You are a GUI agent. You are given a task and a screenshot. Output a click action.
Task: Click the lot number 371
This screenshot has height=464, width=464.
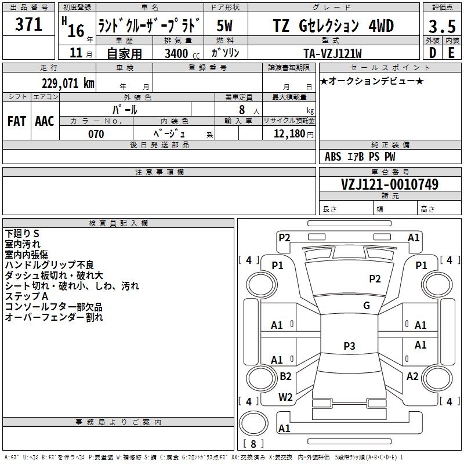(28, 25)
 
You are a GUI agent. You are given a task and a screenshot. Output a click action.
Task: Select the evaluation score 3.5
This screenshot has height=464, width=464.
(441, 27)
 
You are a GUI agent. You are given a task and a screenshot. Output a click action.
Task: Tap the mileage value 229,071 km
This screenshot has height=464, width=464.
(68, 84)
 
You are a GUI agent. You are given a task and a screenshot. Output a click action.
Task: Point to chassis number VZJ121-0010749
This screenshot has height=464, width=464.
(389, 184)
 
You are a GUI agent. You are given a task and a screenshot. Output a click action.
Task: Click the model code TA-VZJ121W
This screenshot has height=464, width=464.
(333, 53)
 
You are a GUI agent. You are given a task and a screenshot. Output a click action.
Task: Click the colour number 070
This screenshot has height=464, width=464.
(96, 134)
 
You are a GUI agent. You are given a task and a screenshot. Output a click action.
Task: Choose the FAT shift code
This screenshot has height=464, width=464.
(16, 121)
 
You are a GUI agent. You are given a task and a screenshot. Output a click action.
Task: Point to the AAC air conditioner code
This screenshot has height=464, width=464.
(45, 121)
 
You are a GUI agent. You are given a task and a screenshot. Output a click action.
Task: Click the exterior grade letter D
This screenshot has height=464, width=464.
(432, 53)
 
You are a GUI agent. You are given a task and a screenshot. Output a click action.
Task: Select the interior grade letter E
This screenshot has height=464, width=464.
(451, 53)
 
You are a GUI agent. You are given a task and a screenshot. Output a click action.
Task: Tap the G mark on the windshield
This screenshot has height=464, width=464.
(367, 306)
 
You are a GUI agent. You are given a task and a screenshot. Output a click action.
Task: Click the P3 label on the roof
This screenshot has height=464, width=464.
(349, 346)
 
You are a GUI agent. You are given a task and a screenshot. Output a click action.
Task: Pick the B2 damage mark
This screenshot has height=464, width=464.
(285, 376)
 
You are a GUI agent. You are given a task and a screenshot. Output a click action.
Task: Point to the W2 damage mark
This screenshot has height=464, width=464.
(285, 397)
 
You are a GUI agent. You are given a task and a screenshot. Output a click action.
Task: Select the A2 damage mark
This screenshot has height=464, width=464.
(412, 376)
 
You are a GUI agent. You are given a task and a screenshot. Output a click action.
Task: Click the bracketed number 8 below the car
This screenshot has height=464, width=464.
(253, 444)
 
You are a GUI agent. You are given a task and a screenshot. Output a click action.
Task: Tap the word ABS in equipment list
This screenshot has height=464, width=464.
(333, 157)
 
